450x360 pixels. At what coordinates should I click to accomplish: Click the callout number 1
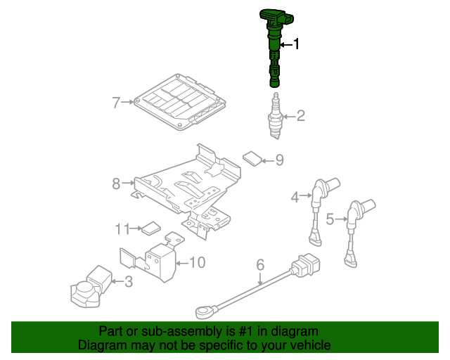coord(297,44)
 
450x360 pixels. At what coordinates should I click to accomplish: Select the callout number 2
coord(300,116)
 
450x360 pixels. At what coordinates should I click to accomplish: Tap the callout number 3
coord(128,282)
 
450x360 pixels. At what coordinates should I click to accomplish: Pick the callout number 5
coord(330,219)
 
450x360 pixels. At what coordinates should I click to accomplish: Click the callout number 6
coord(260,265)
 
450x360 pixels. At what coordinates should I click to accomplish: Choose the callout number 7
coord(117,103)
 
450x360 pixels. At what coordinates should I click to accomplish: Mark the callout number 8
coord(117,184)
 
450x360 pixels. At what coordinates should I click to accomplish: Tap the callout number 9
coord(279,160)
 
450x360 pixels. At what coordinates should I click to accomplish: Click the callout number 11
coord(123,229)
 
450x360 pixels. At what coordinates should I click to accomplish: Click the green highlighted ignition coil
coord(274,42)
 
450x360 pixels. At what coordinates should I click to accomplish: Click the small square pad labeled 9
coord(252,157)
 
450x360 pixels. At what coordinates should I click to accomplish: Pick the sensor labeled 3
coord(89,286)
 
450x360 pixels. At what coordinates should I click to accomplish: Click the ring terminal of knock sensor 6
coord(202,308)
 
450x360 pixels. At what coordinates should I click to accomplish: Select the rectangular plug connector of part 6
coord(306,266)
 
